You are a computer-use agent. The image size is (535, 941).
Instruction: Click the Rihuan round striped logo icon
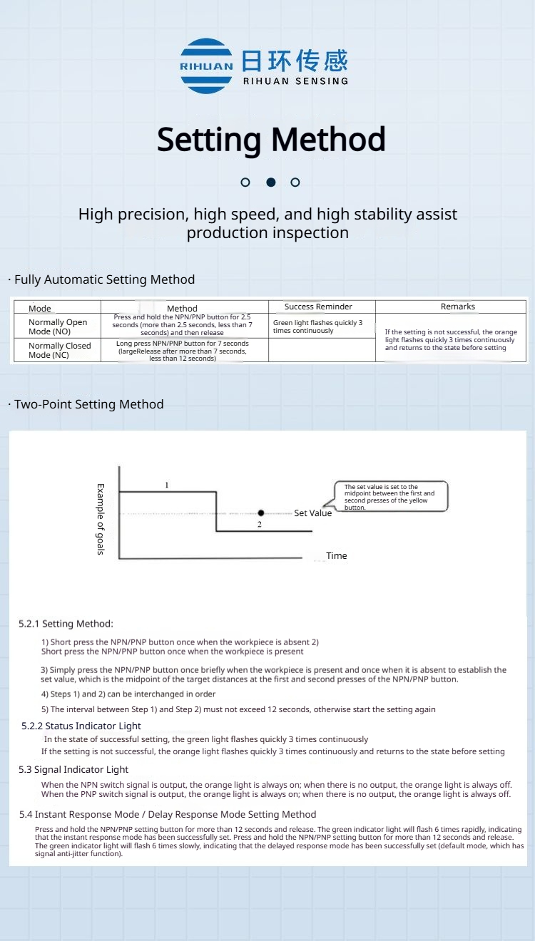206,66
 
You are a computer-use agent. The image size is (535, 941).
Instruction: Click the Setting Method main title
271,140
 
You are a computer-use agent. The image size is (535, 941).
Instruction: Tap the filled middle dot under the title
271,182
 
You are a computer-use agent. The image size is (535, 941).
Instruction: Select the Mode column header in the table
40,309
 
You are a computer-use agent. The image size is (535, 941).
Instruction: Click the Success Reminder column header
318,307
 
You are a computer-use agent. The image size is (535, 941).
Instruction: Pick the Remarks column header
457,307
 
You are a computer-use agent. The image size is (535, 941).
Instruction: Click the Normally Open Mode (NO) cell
58,326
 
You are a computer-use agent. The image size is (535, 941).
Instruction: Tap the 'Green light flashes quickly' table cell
318,326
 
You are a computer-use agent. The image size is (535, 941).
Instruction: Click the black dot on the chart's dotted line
261,513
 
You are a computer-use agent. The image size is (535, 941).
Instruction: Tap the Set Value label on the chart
312,513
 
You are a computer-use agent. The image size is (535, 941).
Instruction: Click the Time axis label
336,556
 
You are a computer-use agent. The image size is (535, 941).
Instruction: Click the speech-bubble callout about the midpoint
390,496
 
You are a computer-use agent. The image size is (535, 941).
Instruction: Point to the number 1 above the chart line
167,485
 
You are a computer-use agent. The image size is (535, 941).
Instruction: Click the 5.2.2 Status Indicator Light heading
81,726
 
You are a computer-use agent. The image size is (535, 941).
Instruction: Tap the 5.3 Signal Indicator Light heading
73,769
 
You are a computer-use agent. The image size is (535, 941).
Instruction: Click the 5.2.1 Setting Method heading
66,624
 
